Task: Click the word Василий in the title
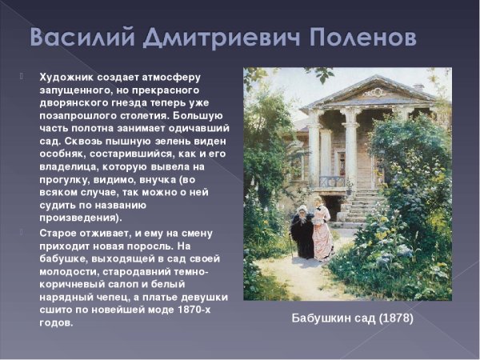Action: (x=82, y=37)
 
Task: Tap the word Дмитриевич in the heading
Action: (x=233, y=37)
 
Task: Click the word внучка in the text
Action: (x=177, y=179)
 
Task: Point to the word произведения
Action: (x=79, y=218)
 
